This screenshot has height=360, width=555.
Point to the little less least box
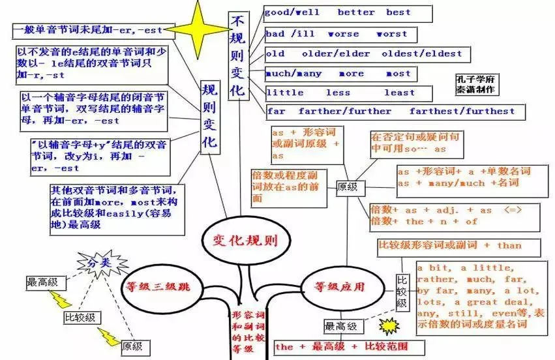[348, 93]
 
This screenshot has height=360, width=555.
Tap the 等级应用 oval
[340, 286]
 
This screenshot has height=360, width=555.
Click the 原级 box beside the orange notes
[347, 187]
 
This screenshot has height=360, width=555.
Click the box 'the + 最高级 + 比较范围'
[340, 346]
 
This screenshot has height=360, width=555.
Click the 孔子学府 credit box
[475, 83]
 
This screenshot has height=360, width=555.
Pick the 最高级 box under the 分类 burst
[42, 283]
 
